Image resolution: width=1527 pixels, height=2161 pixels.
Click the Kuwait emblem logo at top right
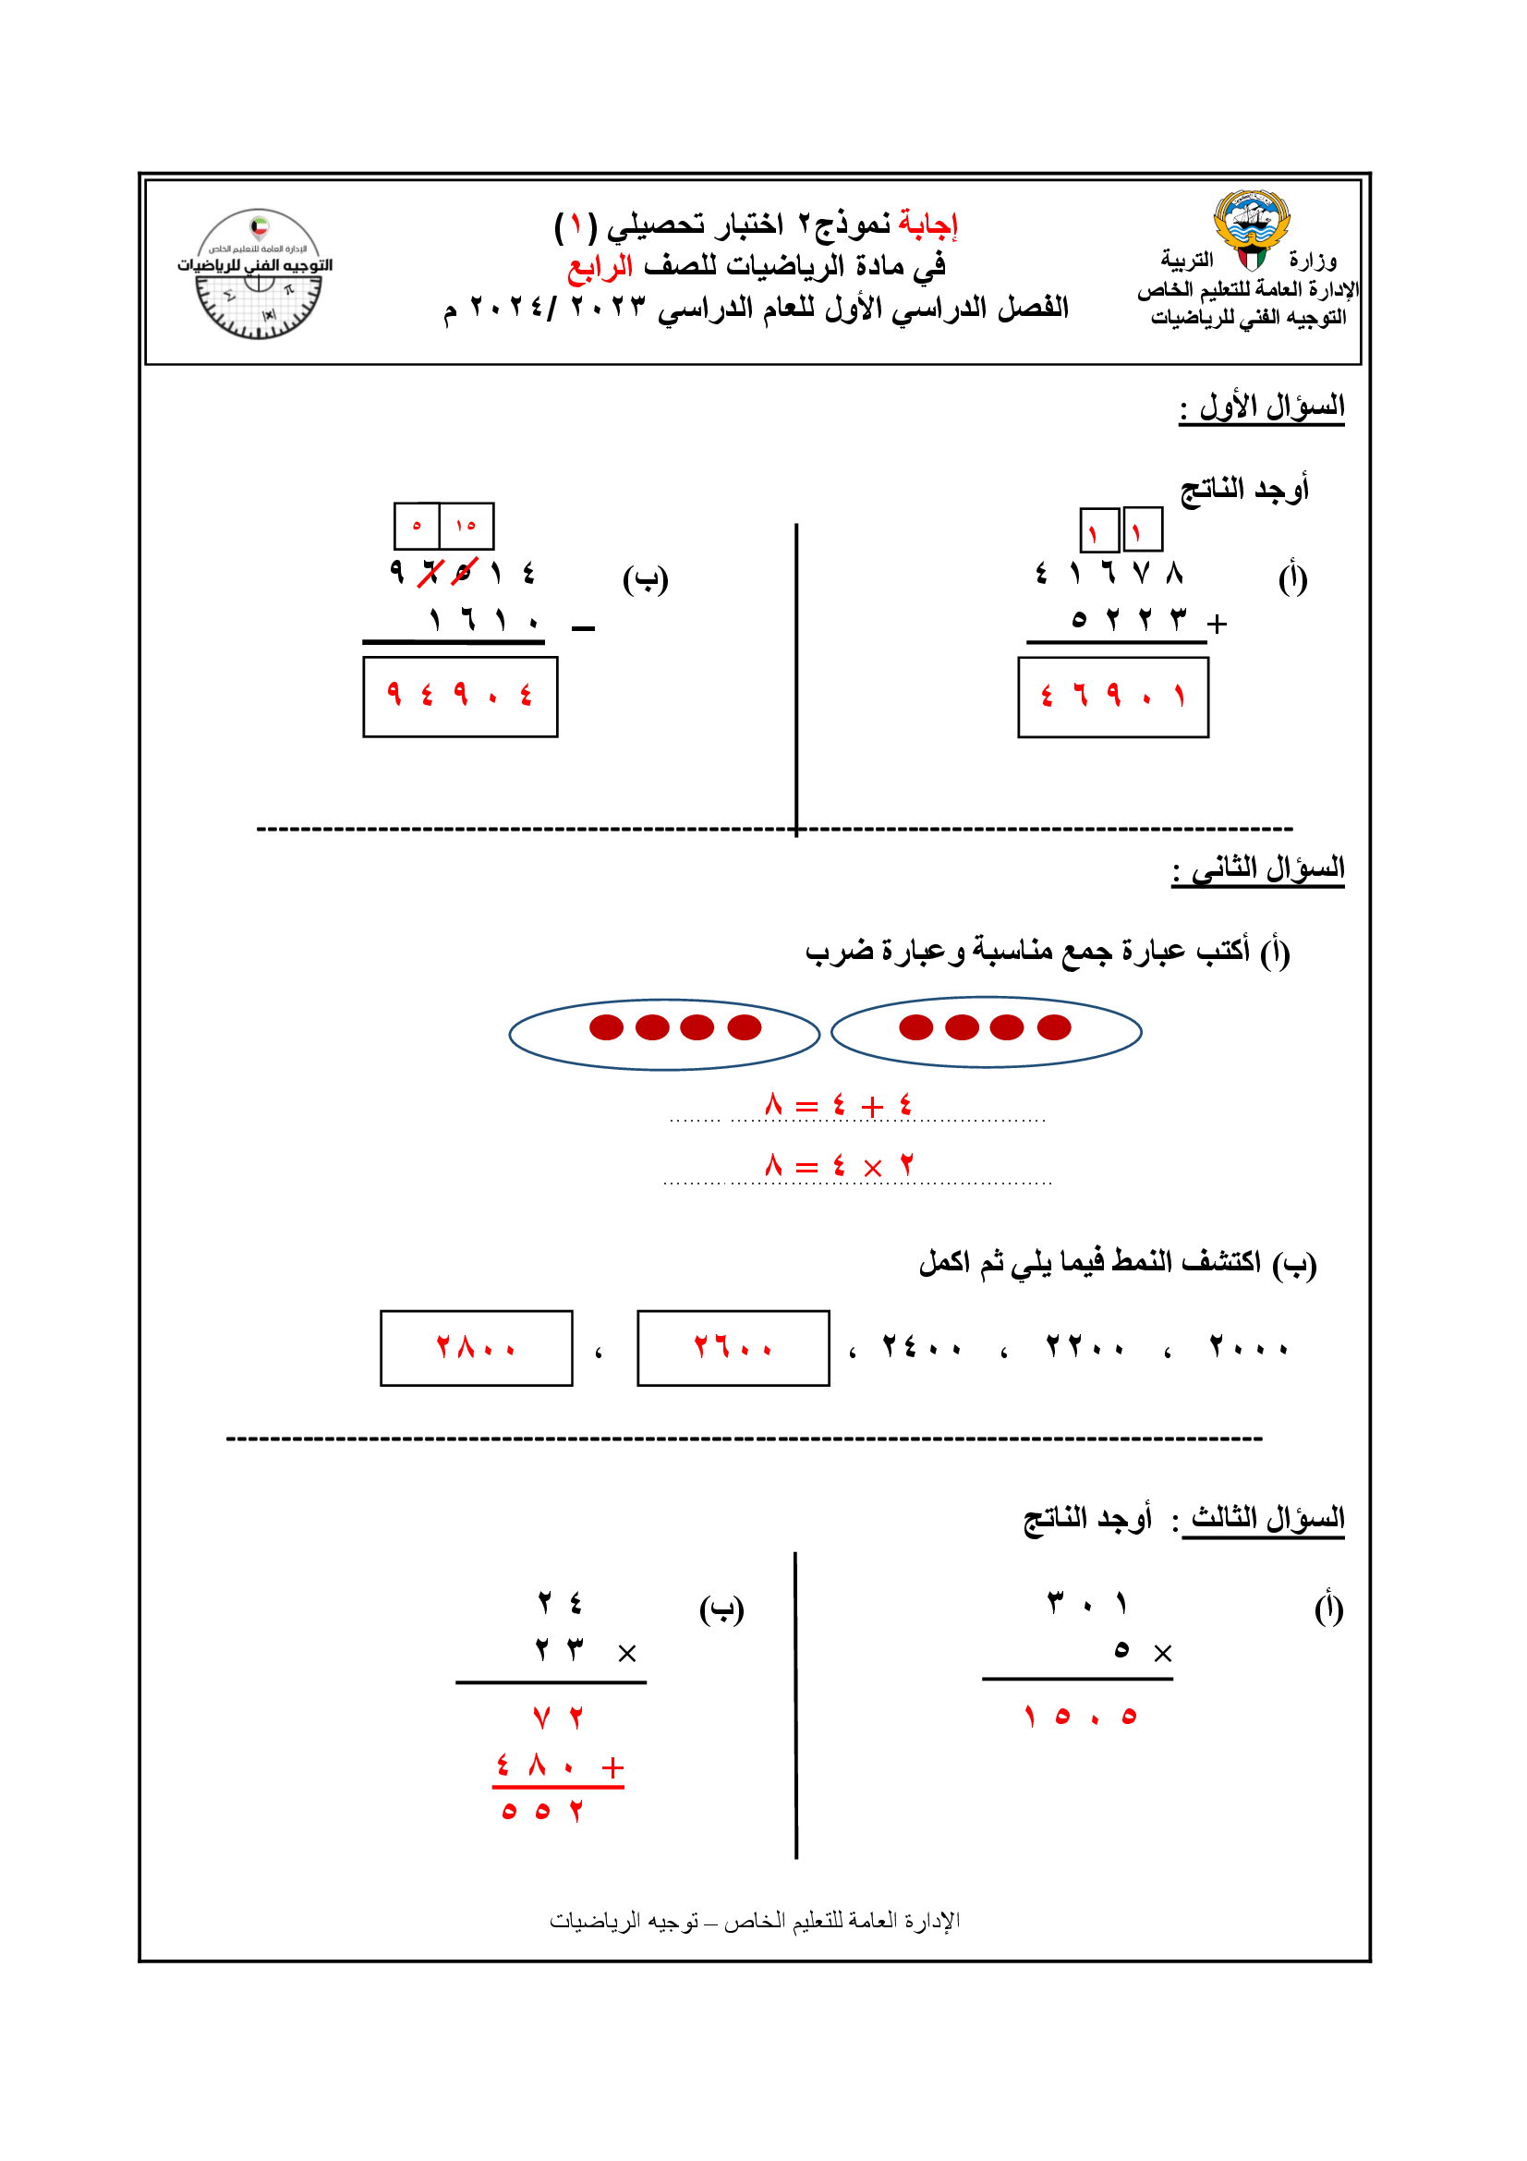click(x=1251, y=230)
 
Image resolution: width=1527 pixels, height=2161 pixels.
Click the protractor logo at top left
click(x=258, y=273)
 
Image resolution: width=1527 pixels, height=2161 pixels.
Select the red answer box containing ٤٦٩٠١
click(x=1112, y=697)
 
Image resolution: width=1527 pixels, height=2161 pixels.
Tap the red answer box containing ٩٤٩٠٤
click(x=460, y=697)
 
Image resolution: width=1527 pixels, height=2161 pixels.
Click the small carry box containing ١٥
click(x=466, y=526)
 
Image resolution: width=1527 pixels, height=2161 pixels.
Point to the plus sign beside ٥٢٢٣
click(x=1217, y=623)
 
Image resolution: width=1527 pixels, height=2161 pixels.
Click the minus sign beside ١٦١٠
click(x=583, y=627)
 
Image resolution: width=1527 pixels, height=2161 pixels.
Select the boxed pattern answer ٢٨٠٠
click(x=476, y=1348)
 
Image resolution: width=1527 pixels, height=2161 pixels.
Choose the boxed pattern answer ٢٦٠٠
click(x=733, y=1348)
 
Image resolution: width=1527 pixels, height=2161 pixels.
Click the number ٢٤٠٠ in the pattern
click(x=921, y=1348)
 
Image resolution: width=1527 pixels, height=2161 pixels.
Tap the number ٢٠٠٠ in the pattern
click(x=1248, y=1348)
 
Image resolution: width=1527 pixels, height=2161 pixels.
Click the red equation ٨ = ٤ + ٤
click(x=838, y=1105)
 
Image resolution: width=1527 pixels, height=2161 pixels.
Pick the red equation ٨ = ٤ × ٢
click(x=838, y=1166)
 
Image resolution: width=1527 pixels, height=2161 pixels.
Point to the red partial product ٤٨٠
click(x=537, y=1766)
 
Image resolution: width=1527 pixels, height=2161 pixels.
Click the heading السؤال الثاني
click(x=1258, y=868)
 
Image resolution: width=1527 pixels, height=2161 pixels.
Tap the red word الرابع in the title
click(x=600, y=266)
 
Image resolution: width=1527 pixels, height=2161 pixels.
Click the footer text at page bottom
click(x=755, y=1920)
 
